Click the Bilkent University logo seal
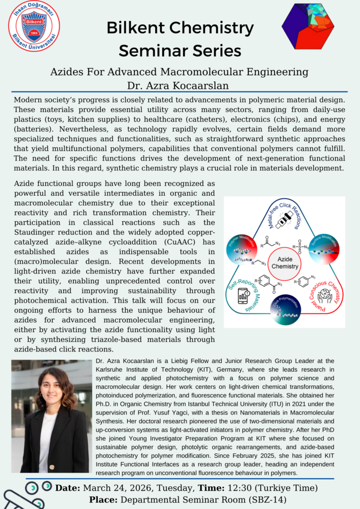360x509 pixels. tap(34, 26)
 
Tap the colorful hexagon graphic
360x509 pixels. tap(311, 26)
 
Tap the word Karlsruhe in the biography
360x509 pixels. tap(115, 369)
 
